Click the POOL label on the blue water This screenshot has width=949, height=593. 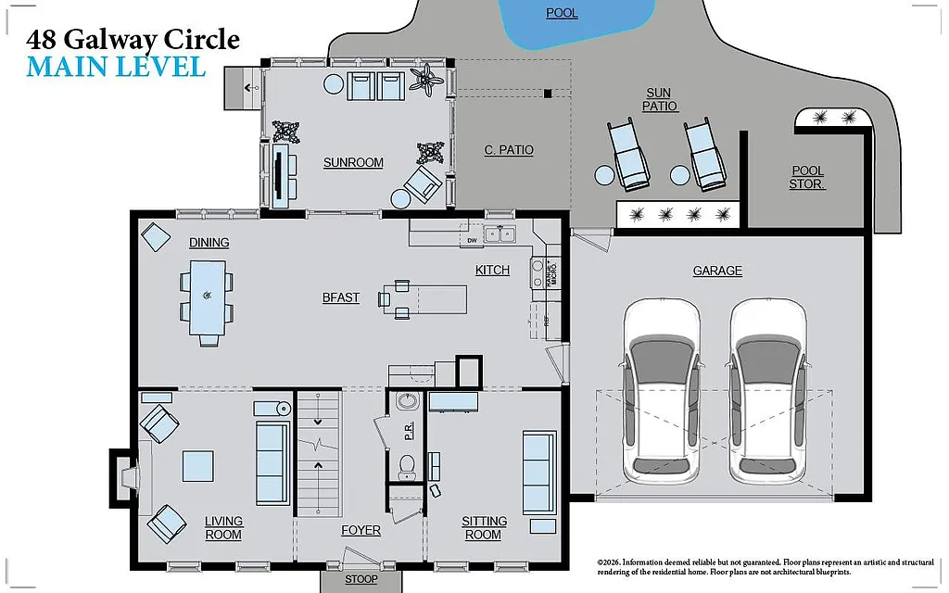click(562, 13)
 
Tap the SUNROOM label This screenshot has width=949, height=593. click(353, 163)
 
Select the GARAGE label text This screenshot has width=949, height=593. click(717, 271)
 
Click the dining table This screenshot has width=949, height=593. click(207, 296)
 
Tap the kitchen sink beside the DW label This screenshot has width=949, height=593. click(500, 234)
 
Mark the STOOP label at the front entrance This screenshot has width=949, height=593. click(361, 579)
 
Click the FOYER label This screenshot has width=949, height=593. click(361, 531)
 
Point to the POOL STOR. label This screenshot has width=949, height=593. click(807, 178)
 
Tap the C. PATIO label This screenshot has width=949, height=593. click(509, 150)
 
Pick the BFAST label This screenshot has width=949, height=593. click(340, 297)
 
